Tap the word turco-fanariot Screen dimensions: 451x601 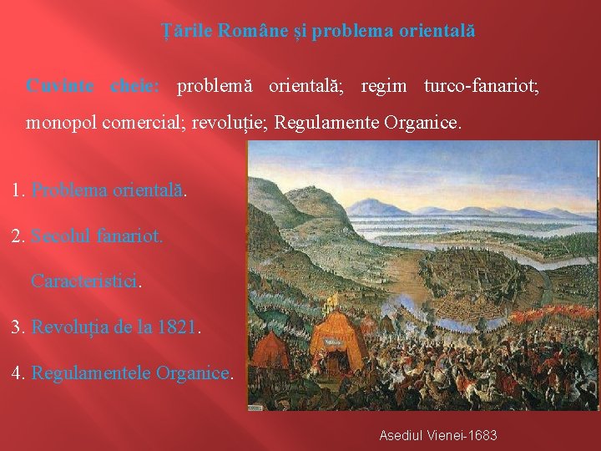[x=481, y=86]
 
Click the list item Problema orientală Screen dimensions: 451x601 [x=107, y=190]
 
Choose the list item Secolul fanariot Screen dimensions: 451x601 [x=97, y=236]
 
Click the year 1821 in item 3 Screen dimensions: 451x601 [x=177, y=327]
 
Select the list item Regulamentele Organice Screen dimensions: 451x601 [x=130, y=372]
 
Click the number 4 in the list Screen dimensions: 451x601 [x=18, y=372]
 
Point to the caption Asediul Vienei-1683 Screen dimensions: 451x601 [x=437, y=435]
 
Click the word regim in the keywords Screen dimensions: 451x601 [x=384, y=86]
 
